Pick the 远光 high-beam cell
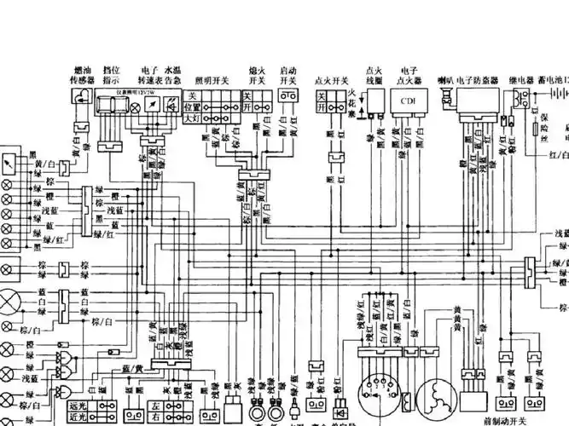click(x=77, y=406)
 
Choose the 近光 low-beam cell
click(x=77, y=418)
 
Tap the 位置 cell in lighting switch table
click(x=192, y=108)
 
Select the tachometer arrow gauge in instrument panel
click(x=150, y=101)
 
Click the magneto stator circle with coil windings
click(x=441, y=396)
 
